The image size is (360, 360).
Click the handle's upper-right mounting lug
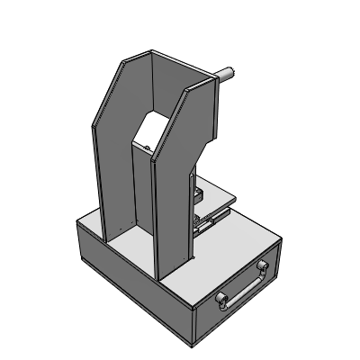[x=263, y=266]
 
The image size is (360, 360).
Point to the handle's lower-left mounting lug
[x=221, y=300]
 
